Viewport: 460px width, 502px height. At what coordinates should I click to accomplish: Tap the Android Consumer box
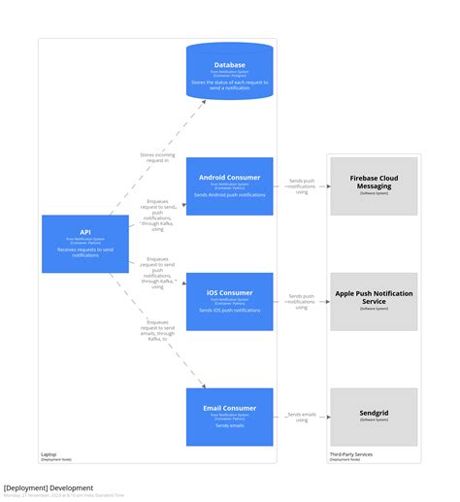click(x=230, y=185)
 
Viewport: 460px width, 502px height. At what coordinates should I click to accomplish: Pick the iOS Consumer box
click(x=230, y=301)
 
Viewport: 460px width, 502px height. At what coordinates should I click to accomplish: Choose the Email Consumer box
click(x=230, y=417)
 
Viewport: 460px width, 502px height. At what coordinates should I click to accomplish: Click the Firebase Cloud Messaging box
click(x=374, y=185)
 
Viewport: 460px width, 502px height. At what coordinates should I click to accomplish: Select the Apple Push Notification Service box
click(x=374, y=301)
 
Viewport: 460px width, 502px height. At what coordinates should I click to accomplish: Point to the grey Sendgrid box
click(x=374, y=417)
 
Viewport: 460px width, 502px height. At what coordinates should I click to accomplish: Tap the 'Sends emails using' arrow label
click(x=301, y=418)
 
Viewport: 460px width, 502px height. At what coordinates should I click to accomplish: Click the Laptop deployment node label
click(x=49, y=454)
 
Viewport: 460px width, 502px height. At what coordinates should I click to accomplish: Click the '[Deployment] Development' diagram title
click(x=49, y=487)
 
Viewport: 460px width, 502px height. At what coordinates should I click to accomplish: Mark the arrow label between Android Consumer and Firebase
click(x=301, y=186)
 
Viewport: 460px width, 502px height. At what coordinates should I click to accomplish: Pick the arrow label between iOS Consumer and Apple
click(x=301, y=301)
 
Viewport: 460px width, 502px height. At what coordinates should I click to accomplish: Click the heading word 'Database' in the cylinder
click(x=230, y=65)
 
